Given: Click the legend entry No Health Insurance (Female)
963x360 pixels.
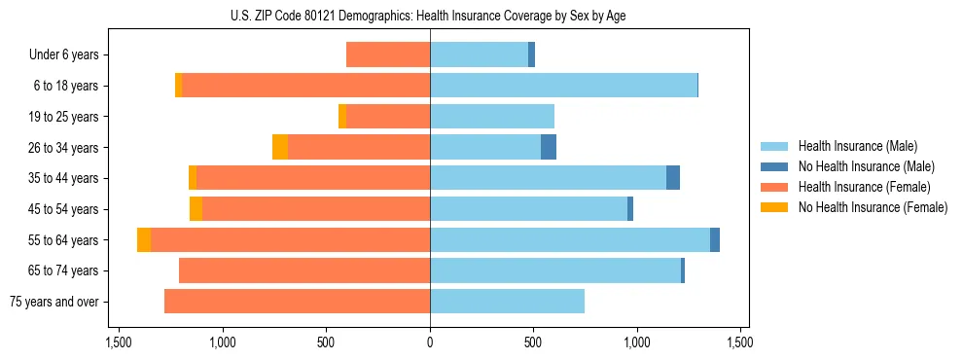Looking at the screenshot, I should click(873, 207).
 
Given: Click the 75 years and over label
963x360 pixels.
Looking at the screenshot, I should click(54, 302).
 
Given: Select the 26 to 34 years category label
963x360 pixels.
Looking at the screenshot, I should click(63, 148).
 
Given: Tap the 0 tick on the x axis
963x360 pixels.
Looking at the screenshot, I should click(430, 342).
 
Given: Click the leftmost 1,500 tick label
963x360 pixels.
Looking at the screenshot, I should click(119, 342).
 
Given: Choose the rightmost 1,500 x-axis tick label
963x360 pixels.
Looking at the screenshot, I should click(740, 342).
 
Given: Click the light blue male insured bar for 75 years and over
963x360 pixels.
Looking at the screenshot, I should click(507, 302).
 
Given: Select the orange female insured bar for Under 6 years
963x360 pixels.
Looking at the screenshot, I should click(388, 55).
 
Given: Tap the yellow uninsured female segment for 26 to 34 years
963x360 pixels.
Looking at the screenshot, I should click(280, 148).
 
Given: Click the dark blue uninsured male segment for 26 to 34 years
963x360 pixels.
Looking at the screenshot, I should click(549, 148).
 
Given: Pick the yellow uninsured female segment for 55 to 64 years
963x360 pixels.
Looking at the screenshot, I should click(144, 240).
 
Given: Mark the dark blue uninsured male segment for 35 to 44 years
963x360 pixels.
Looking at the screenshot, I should click(673, 178).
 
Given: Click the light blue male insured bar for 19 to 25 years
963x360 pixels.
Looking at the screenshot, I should click(492, 117).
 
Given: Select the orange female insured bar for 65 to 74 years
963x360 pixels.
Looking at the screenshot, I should click(304, 270).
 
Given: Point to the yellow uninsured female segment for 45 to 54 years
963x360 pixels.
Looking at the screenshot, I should click(196, 209).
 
